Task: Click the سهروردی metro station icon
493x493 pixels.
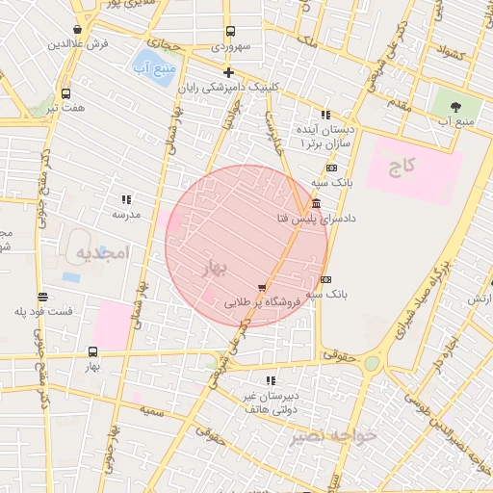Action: coord(229,32)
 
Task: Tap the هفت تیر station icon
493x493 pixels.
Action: coord(65,93)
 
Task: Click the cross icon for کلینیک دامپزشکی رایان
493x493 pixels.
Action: coord(228,72)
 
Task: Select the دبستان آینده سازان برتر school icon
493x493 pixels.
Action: coord(325,115)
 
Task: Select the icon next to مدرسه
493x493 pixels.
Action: coord(126,199)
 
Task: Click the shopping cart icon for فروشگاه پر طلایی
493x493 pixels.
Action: coord(262,287)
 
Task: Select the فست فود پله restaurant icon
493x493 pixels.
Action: coord(42,297)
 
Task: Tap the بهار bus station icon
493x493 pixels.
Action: coord(92,351)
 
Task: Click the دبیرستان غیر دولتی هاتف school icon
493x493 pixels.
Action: coord(271,381)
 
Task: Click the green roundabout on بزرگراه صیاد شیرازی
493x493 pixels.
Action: coord(372,363)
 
